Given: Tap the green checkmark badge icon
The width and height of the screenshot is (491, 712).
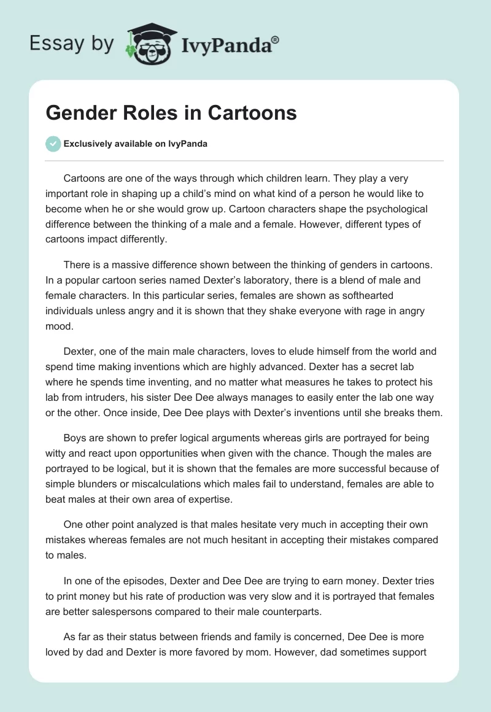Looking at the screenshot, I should (53, 144).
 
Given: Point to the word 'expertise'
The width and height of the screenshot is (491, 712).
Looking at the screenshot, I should (211, 500).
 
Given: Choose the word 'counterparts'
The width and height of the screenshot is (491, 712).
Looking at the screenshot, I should (298, 611).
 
